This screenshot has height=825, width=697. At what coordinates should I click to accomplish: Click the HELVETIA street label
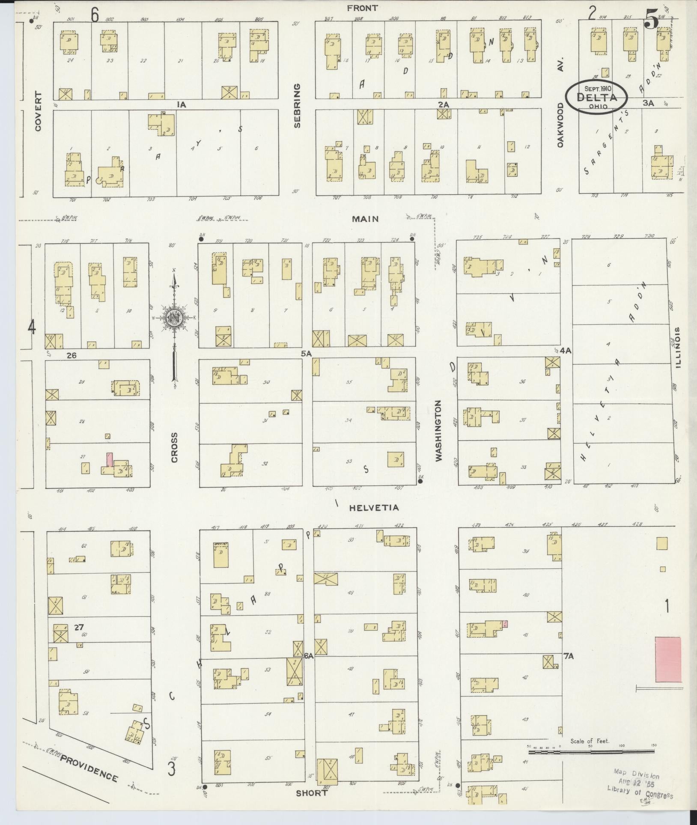click(374, 508)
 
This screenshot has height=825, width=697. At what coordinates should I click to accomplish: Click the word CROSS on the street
click(174, 447)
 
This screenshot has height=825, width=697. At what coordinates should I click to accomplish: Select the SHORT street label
click(312, 793)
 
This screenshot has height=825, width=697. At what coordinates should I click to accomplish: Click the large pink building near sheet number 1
click(668, 671)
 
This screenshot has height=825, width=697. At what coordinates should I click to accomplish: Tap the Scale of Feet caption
click(590, 741)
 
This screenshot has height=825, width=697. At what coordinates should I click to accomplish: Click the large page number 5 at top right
click(652, 20)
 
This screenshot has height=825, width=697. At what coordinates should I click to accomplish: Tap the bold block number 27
click(78, 628)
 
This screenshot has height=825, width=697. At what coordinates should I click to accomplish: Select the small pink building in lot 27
click(110, 460)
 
